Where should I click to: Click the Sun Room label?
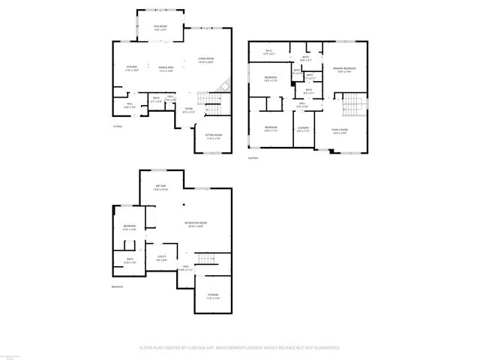tap(160, 28)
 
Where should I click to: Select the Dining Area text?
tap(166, 68)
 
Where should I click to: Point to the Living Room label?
tap(205, 60)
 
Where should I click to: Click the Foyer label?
tap(189, 110)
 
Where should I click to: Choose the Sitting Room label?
tap(214, 136)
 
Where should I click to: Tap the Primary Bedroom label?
tap(344, 70)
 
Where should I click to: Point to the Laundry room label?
tap(303, 129)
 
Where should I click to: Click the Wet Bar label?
tap(160, 187)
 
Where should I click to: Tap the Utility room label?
tap(160, 258)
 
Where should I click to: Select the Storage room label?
tap(213, 296)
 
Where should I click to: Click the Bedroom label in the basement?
tap(129, 229)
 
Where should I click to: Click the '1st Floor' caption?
tap(117, 127)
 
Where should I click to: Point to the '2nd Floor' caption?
tap(253, 158)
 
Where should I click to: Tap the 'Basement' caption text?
tap(117, 286)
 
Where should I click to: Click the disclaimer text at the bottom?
tap(240, 348)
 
